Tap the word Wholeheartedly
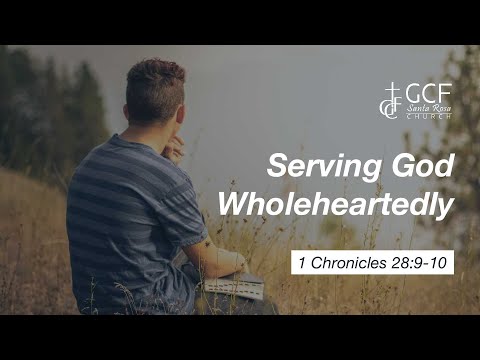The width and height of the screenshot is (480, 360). [x=337, y=204]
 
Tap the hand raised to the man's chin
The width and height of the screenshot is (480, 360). [x=175, y=147]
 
